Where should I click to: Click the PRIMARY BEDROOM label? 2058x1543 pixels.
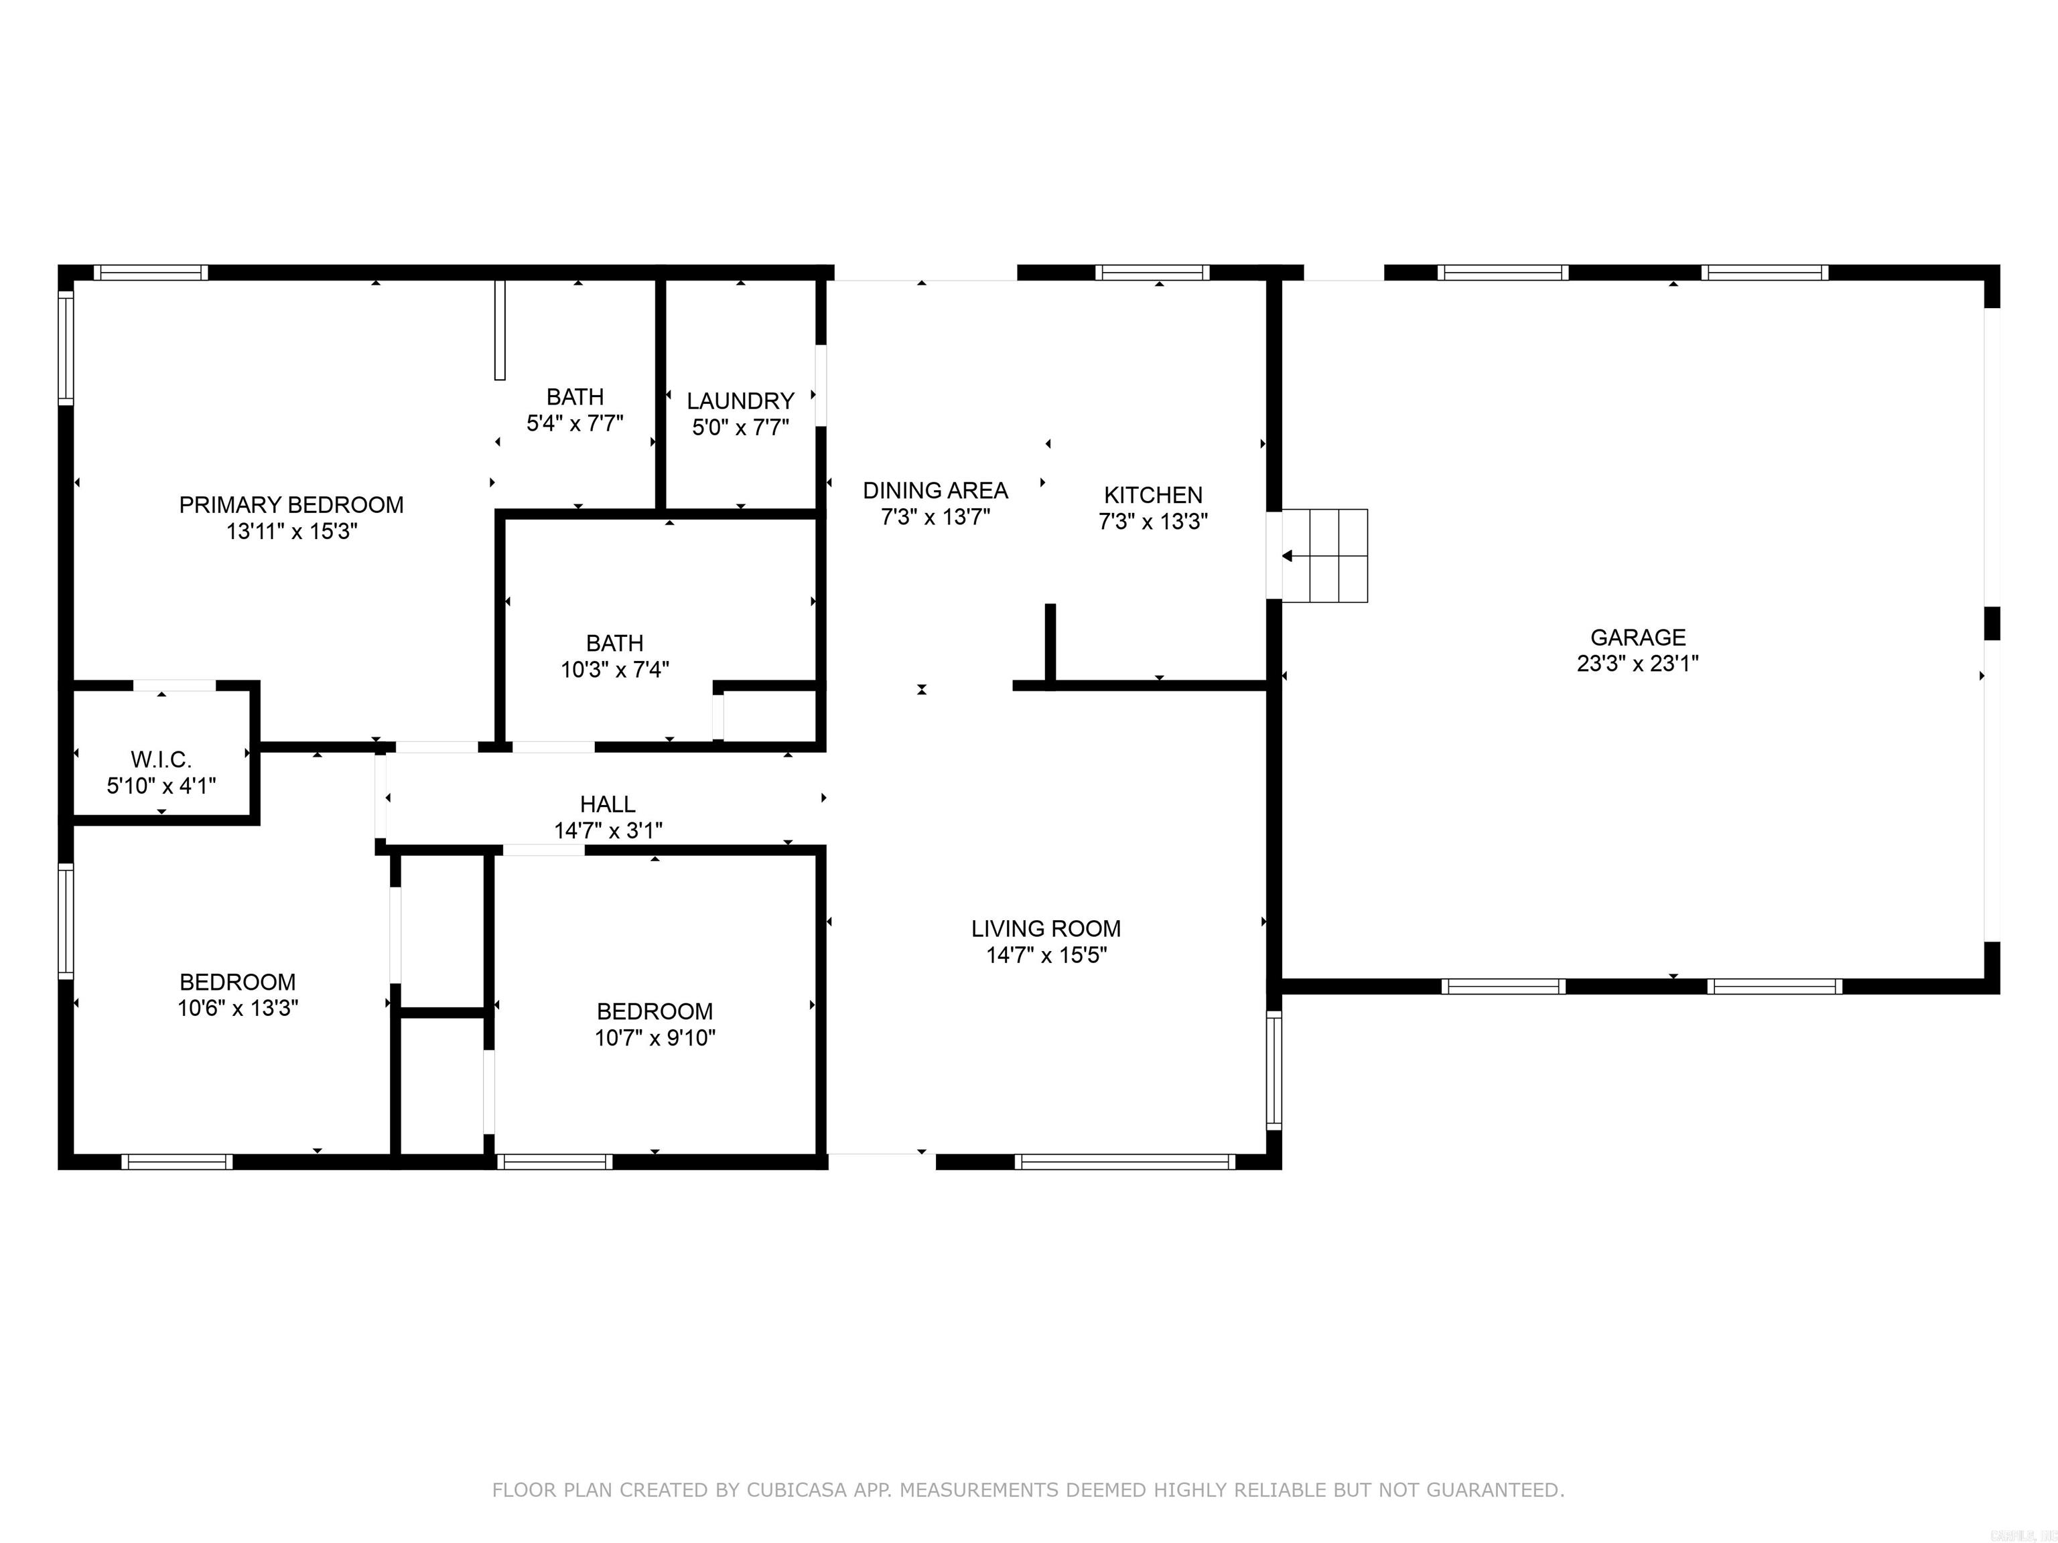291,505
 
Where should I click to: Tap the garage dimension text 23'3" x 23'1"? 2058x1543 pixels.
1637,663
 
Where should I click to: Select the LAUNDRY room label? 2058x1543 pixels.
740,401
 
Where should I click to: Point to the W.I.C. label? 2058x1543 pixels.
161,760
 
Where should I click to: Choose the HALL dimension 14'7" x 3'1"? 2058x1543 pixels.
608,830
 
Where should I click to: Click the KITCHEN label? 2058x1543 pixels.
1153,495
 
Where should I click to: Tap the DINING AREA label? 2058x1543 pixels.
935,490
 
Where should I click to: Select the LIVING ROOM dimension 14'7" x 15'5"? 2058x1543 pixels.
1046,954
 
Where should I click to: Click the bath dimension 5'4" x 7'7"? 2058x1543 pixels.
575,423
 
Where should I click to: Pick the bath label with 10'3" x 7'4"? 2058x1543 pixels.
614,643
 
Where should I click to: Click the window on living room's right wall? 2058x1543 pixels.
1274,1070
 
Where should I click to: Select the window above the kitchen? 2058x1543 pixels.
1152,273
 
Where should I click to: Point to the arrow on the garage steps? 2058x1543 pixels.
1288,556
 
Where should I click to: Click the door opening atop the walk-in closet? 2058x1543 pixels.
174,686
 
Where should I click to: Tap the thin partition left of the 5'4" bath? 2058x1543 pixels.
500,329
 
